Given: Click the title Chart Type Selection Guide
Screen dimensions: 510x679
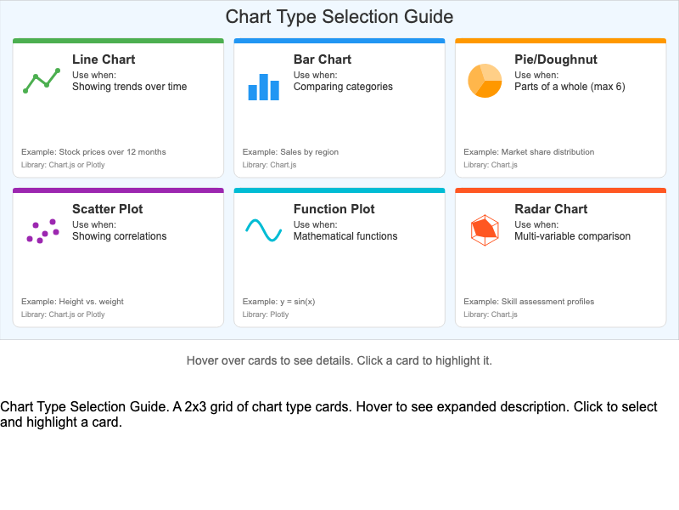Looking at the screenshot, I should (339, 17).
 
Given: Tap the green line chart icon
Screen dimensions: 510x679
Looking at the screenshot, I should (42, 81).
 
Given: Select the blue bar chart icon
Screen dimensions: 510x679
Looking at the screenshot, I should (263, 86).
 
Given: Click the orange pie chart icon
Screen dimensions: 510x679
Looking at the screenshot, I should (485, 81).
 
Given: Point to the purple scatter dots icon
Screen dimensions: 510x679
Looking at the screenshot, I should (42, 231).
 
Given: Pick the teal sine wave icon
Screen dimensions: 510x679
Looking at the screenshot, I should (263, 230).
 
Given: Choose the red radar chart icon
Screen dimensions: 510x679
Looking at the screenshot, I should (485, 229).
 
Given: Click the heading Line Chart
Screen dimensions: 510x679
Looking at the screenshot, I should (104, 59).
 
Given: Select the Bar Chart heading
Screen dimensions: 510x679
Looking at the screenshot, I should (323, 59).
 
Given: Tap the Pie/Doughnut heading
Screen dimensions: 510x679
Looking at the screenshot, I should (556, 59).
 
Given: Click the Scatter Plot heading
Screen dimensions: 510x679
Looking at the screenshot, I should (107, 209).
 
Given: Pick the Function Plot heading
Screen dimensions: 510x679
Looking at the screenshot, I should (334, 209).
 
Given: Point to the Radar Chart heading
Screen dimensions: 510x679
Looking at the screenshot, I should (551, 209).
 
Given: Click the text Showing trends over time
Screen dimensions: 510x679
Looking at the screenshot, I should (129, 87).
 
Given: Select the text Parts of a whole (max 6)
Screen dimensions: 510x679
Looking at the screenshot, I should (570, 87).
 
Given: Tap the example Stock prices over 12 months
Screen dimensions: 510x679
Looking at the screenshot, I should (93, 152).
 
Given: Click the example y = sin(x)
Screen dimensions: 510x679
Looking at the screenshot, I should (278, 302).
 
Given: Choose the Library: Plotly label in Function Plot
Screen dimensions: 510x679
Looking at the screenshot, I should (266, 314).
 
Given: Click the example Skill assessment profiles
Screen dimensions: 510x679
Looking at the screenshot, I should (529, 302).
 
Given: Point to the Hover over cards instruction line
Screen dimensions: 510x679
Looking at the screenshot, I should (339, 360).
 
